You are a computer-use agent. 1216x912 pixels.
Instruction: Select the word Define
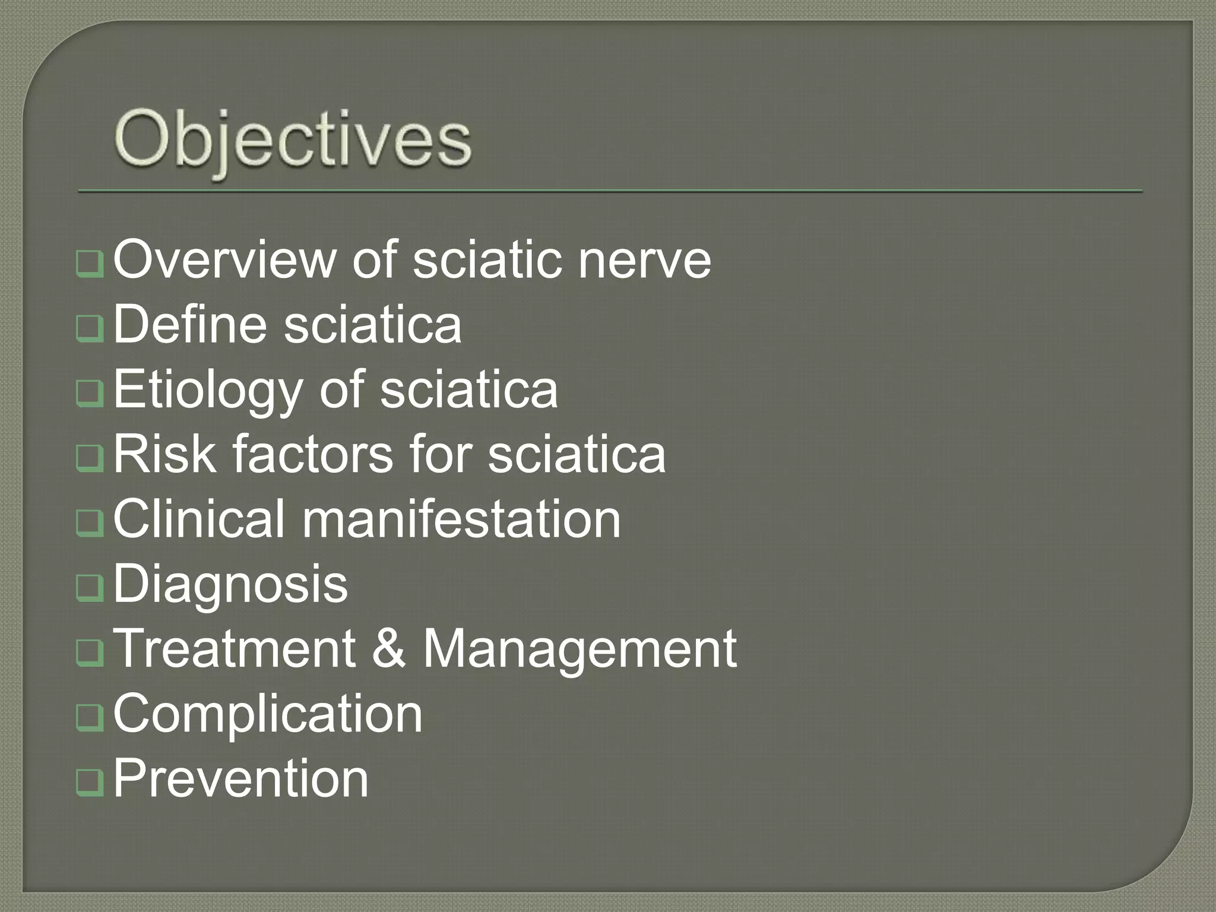click(189, 324)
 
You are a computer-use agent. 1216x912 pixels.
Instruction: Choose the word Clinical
click(199, 519)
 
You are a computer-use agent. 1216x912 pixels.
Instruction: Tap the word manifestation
click(461, 519)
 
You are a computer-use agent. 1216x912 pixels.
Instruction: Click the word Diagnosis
click(230, 585)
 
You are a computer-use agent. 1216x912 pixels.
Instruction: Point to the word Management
click(579, 650)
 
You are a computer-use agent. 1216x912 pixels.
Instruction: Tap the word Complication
click(268, 714)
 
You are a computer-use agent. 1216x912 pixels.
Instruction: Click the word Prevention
click(240, 778)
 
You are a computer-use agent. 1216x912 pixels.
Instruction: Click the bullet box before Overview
click(90, 265)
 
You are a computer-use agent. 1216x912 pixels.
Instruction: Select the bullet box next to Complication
click(90, 719)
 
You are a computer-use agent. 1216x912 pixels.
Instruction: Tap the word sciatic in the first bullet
click(486, 259)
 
